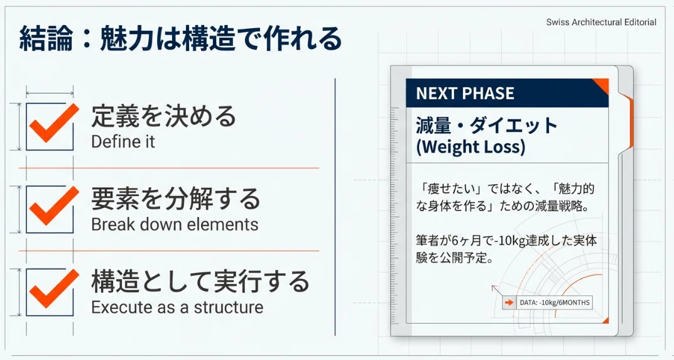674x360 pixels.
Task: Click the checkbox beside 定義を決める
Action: tap(50, 126)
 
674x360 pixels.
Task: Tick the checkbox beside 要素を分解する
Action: tap(50, 209)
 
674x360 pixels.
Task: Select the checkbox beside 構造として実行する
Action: tap(50, 293)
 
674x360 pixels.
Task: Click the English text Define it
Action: tap(123, 141)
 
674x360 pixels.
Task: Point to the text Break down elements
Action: tap(175, 224)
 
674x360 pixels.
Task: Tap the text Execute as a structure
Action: tap(177, 307)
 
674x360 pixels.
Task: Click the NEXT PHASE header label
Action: tap(465, 94)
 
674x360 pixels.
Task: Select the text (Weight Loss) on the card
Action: tap(470, 147)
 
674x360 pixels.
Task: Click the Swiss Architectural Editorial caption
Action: tap(601, 22)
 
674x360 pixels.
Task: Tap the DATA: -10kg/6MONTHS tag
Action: tap(547, 302)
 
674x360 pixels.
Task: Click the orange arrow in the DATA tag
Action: tap(509, 303)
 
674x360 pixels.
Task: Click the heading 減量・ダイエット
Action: tap(487, 126)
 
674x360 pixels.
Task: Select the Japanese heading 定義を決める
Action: tap(163, 116)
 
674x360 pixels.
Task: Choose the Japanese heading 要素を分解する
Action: tap(176, 199)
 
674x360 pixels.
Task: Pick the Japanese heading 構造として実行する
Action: tap(200, 281)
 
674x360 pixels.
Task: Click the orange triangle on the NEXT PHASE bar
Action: tap(602, 85)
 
